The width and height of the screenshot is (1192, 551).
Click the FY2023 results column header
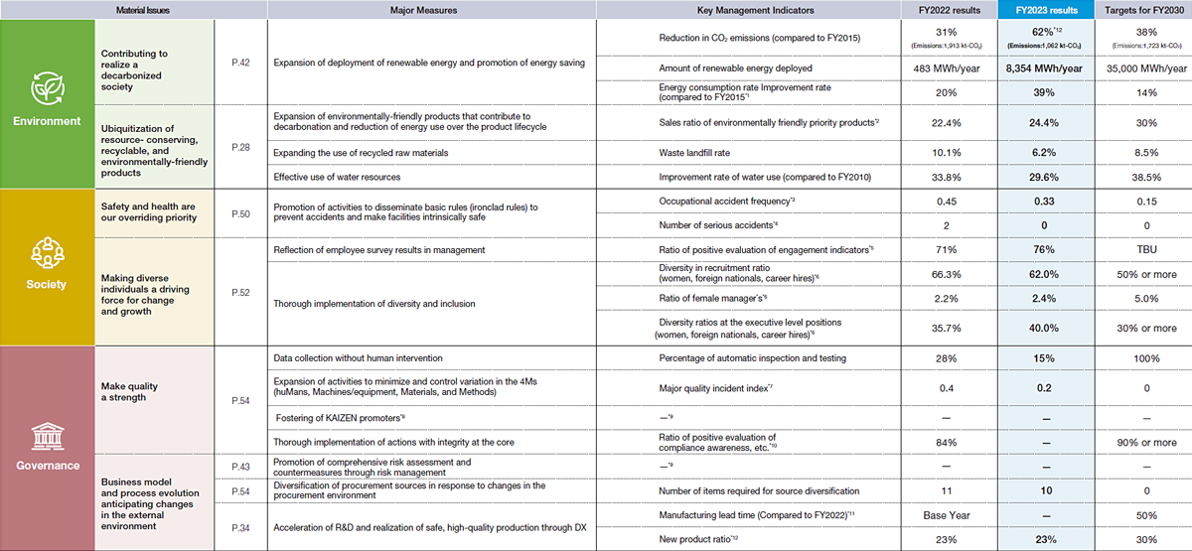coord(1043,9)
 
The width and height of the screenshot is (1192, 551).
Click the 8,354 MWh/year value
coord(1043,69)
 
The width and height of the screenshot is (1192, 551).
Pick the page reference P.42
coord(239,62)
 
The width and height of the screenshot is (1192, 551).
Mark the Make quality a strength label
coord(129,391)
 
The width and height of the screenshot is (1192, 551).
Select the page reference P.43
coord(239,465)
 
